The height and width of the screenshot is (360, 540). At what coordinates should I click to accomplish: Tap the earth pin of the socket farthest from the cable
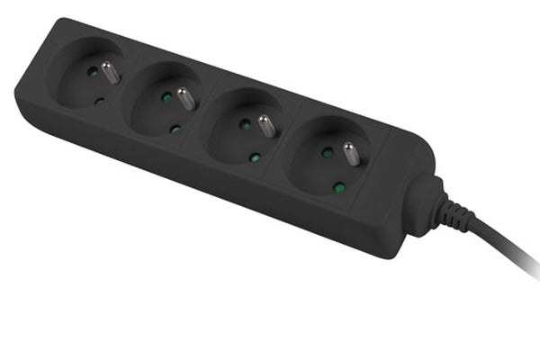click(109, 71)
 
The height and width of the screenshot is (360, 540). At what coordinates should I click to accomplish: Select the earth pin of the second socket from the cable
click(267, 124)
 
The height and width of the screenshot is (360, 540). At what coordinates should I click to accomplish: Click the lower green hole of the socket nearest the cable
click(339, 188)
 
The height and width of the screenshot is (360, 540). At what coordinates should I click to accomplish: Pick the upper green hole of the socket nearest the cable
click(326, 152)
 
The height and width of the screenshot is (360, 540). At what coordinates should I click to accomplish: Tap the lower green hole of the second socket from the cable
click(256, 157)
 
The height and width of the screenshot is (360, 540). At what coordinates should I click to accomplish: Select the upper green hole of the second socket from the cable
click(244, 124)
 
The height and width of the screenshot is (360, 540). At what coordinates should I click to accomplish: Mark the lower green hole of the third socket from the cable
click(175, 129)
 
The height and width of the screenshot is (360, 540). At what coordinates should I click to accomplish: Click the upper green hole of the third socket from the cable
click(165, 95)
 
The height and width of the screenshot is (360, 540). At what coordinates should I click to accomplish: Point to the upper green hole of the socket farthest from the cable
click(90, 69)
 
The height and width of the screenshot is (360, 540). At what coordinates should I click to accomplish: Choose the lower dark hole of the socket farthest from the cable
click(99, 101)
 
